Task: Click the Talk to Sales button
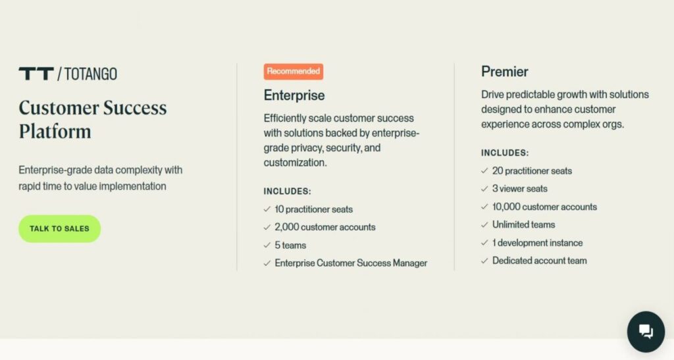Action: pos(59,228)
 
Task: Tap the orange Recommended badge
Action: pos(294,71)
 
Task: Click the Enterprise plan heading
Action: pos(294,95)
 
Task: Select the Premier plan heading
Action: pos(504,71)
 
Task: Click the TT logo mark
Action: pos(36,74)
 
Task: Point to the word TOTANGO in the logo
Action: pos(91,74)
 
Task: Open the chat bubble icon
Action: pos(646,332)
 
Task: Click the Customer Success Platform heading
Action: pos(92,119)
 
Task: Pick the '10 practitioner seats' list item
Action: pos(313,209)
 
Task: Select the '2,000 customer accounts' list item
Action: pos(324,227)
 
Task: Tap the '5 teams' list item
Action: pos(290,245)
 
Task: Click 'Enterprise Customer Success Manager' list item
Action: pos(351,263)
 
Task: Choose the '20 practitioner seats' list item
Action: pos(532,170)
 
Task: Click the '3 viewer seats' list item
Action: pos(519,188)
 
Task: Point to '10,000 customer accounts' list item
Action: pos(544,207)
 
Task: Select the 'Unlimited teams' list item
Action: pos(523,224)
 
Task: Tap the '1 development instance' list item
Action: pos(537,242)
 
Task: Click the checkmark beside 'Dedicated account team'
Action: pos(485,261)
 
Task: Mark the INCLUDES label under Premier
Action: pos(505,153)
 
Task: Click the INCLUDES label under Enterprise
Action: pos(288,192)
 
